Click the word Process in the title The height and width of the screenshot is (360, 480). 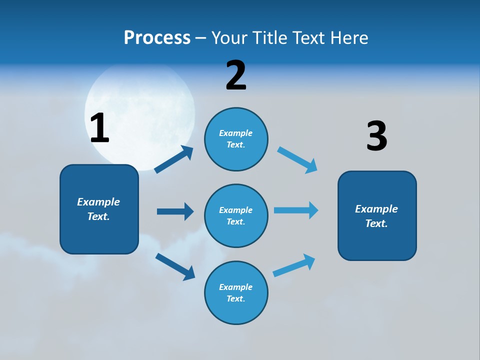click(157, 37)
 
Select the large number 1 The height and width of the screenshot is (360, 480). click(99, 128)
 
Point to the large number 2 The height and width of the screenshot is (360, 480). click(236, 76)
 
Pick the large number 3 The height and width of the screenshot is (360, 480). click(376, 136)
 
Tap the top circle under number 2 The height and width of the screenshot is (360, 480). click(236, 139)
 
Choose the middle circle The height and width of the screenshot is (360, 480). click(236, 215)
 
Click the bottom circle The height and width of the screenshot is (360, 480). click(236, 292)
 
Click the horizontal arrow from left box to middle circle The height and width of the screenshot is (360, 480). click(175, 211)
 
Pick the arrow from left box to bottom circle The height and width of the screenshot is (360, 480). click(175, 266)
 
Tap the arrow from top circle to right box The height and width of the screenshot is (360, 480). click(297, 160)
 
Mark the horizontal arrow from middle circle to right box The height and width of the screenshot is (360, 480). click(296, 210)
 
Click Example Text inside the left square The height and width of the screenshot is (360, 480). click(98, 209)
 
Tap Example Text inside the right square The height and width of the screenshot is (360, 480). click(376, 216)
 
